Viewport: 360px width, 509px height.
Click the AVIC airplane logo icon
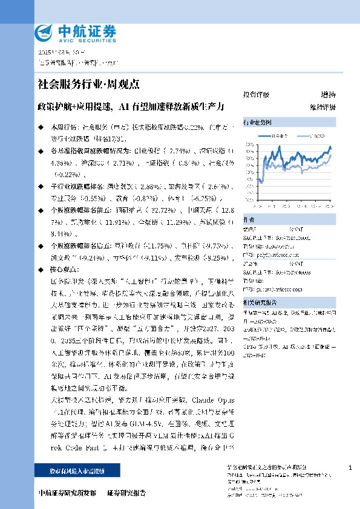tap(45, 32)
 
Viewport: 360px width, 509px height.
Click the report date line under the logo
tap(59, 52)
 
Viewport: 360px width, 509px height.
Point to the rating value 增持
tap(329, 95)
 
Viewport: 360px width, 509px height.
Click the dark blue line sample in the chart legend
tap(266, 137)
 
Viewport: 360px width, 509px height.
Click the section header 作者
tap(248, 220)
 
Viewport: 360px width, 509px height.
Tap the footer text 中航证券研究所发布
tap(67, 493)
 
